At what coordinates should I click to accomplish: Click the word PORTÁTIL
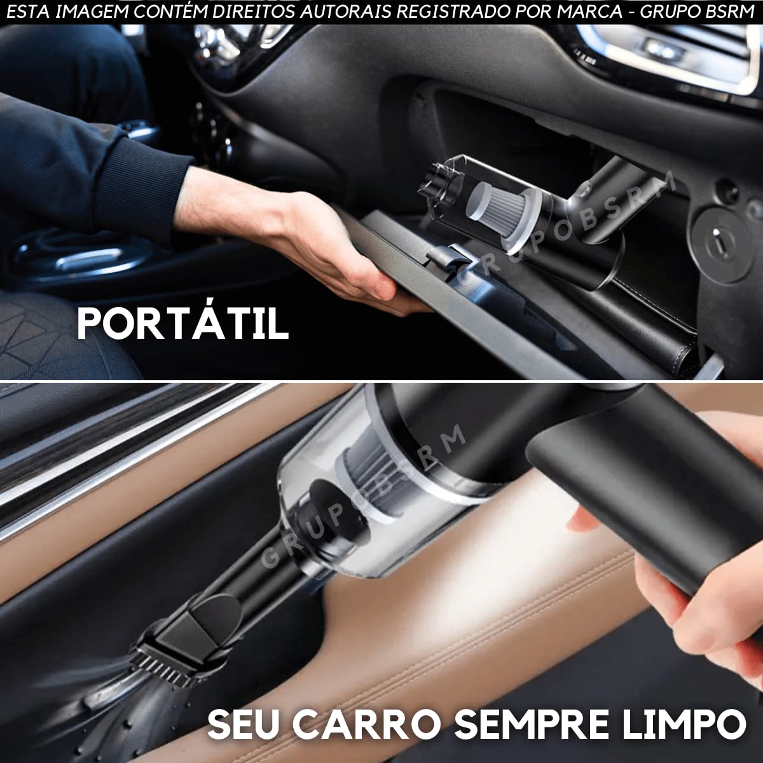click(182, 322)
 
